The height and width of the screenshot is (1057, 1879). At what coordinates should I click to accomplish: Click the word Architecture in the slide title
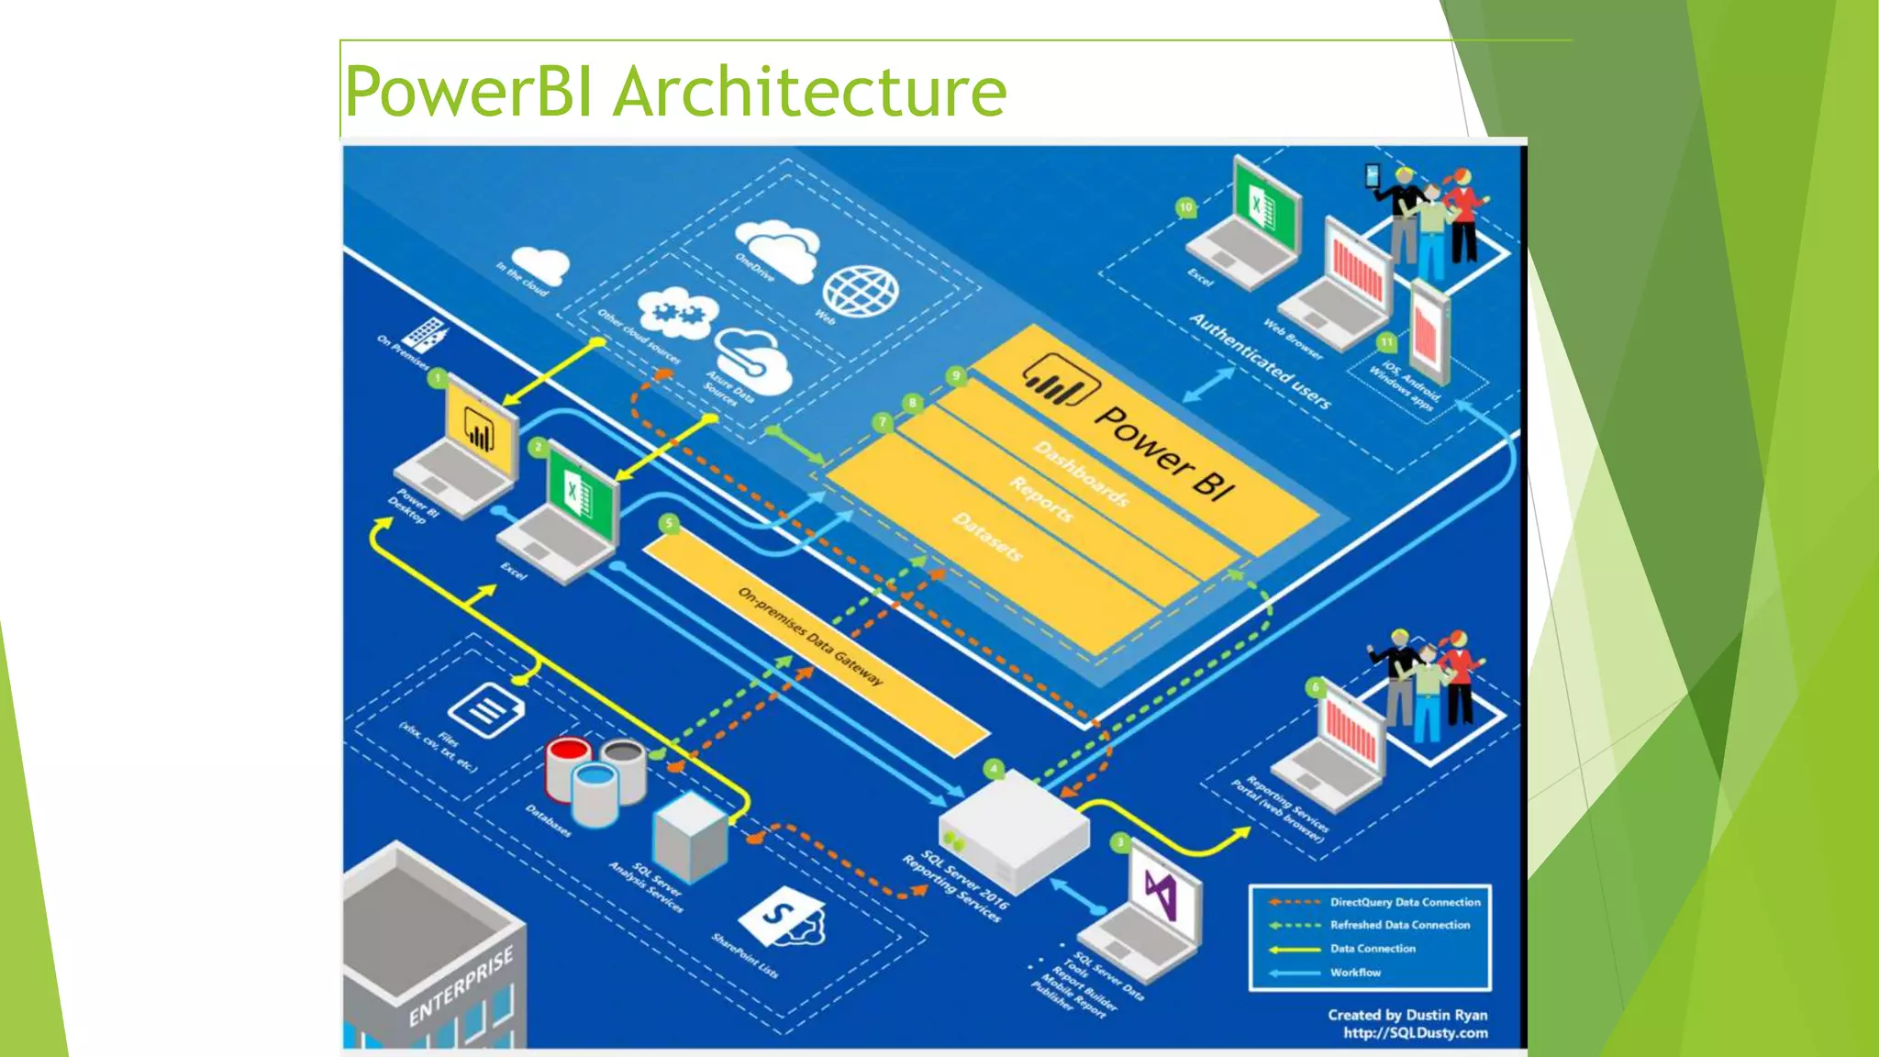point(809,92)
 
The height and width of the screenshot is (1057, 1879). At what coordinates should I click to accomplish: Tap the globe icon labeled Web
point(860,291)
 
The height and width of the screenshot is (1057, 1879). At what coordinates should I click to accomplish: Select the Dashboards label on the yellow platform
point(1082,473)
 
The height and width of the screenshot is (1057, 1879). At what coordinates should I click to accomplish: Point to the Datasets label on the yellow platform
point(987,537)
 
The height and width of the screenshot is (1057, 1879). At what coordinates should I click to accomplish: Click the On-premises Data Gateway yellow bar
point(812,637)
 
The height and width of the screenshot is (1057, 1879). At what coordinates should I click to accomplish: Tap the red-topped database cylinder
point(569,766)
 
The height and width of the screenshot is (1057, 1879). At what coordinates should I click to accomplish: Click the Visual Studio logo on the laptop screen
point(1162,894)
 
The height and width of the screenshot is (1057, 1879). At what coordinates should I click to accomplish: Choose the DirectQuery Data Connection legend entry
point(1405,902)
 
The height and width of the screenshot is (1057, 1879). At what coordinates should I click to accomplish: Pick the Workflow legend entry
point(1355,973)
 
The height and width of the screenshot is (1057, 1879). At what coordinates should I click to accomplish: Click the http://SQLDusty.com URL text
point(1415,1033)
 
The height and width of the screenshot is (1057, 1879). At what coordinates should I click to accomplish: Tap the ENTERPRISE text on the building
point(461,986)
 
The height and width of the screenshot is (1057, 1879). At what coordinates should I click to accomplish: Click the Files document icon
point(486,710)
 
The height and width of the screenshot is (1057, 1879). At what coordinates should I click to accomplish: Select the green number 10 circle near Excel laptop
point(1186,207)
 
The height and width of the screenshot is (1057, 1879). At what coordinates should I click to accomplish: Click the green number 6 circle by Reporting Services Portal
point(1316,687)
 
